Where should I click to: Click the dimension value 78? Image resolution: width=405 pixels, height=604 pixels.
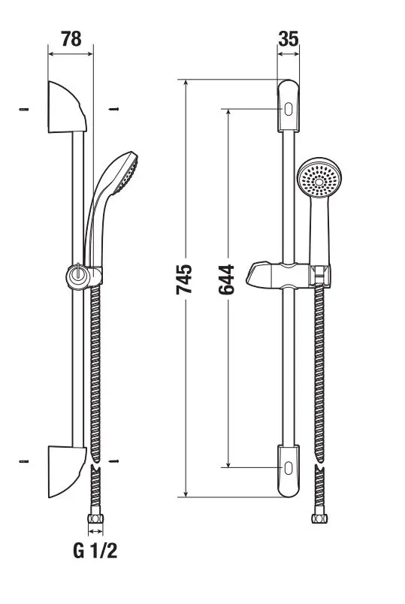71,39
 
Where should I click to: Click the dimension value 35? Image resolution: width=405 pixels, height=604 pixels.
289,39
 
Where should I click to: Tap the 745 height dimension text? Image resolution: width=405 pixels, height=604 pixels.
184,279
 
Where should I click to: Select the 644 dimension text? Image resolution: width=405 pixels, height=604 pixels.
226,279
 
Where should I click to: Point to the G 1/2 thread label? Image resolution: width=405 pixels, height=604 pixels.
95,551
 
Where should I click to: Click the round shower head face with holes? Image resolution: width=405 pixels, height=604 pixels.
319,180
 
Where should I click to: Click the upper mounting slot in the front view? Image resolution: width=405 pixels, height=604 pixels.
289,109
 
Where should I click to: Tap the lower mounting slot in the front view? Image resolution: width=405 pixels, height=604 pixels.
289,467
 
